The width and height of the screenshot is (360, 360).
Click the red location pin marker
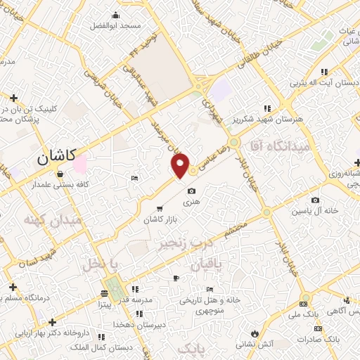pyautogui.click(x=181, y=165)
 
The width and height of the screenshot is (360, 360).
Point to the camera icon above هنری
pyautogui.click(x=192, y=191)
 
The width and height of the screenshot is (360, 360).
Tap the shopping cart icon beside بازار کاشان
pyautogui.click(x=161, y=208)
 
